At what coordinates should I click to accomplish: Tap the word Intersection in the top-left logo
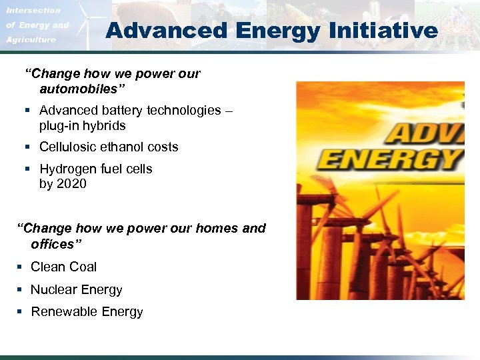pos(33,11)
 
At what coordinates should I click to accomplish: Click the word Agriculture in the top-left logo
pos(31,40)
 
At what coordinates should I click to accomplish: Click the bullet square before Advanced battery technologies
pos(28,111)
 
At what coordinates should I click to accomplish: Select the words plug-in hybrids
pos(82,125)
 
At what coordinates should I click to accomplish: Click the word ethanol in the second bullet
pos(125,147)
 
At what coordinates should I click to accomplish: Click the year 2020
pos(71,183)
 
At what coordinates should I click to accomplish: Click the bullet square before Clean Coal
pos(19,267)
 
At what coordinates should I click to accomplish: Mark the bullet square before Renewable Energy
pos(19,312)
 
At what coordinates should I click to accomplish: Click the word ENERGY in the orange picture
pos(390,160)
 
